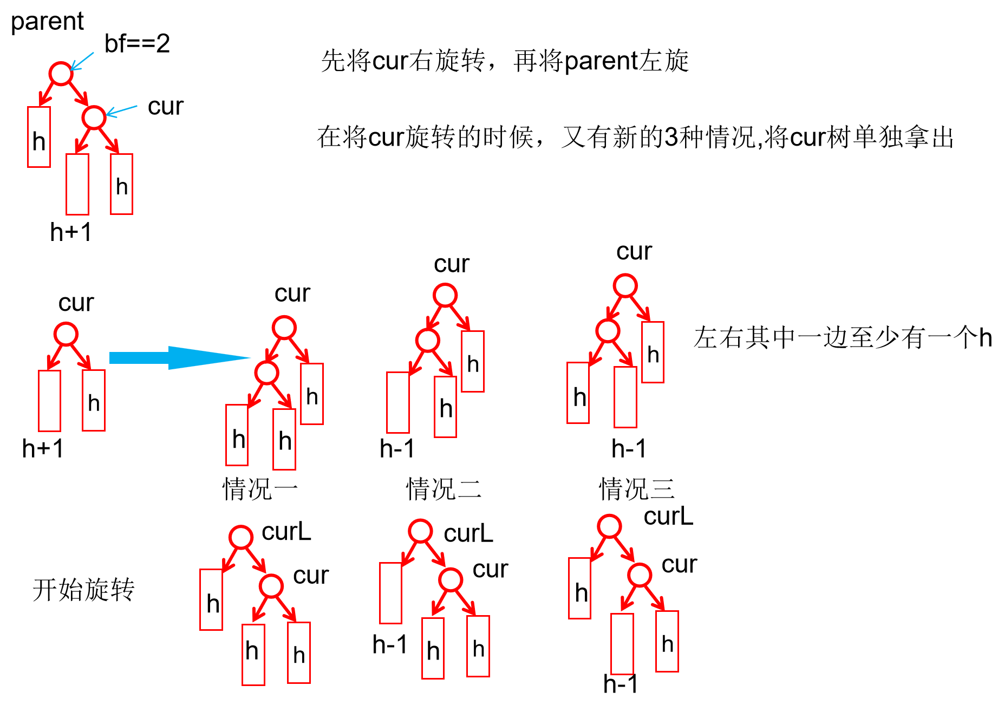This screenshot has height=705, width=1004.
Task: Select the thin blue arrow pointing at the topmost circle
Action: (x=82, y=61)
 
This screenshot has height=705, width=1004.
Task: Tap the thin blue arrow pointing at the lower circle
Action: (x=122, y=110)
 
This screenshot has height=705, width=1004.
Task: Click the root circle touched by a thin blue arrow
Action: (x=61, y=74)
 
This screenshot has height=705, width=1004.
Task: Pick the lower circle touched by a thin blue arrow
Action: (x=94, y=118)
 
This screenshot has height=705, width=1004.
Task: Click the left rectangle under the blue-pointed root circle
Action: (x=39, y=137)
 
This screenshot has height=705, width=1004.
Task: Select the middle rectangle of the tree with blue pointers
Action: (x=77, y=184)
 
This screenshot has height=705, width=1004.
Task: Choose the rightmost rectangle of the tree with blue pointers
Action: (x=121, y=184)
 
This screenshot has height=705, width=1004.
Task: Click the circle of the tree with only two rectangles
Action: (x=66, y=334)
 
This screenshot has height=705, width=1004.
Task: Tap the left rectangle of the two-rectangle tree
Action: (x=49, y=401)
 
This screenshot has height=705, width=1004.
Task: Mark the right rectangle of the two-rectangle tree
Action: (x=94, y=401)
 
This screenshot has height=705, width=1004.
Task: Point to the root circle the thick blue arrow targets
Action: (x=284, y=328)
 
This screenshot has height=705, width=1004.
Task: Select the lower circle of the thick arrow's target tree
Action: (x=266, y=373)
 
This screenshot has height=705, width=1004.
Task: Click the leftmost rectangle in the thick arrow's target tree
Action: (x=237, y=435)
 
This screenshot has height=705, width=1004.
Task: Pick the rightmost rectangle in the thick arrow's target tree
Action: (x=312, y=394)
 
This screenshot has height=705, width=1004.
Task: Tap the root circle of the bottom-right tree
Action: (x=609, y=526)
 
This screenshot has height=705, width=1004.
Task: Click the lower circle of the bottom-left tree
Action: (x=271, y=586)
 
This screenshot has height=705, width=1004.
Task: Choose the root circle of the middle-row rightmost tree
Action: (x=625, y=285)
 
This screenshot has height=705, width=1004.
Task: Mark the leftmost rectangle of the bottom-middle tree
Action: (x=390, y=593)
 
